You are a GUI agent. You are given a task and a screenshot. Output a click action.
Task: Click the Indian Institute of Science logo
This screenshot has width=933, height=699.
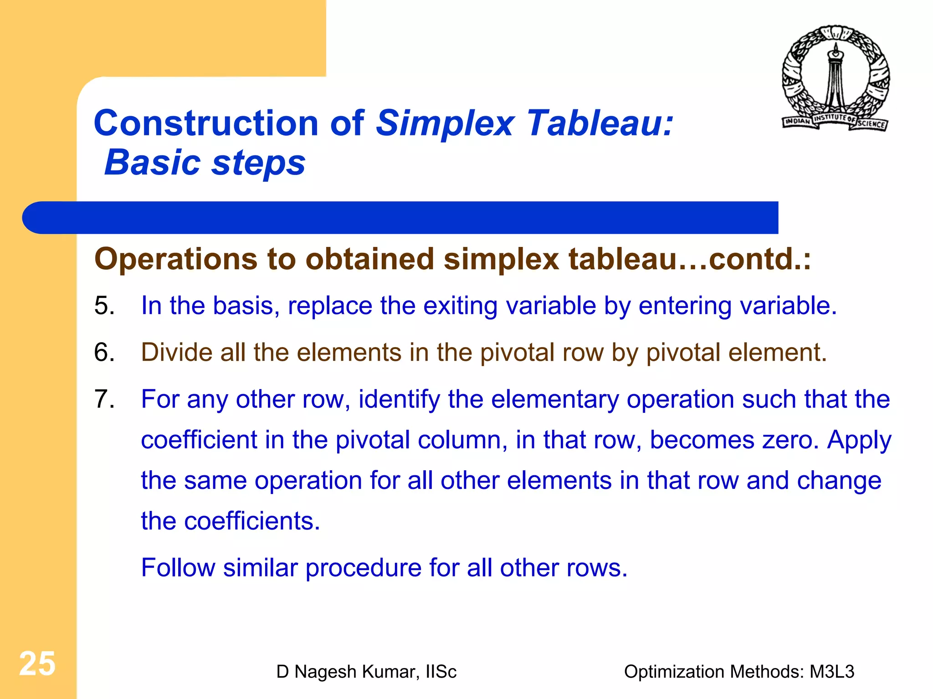click(836, 78)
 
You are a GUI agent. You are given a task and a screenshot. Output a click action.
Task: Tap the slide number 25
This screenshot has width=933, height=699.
click(37, 663)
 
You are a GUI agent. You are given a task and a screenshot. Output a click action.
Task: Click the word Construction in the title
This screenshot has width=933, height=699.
click(206, 123)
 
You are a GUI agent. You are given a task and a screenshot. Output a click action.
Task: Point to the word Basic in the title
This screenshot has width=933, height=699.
click(152, 163)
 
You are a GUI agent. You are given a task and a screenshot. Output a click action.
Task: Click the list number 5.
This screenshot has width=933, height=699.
click(104, 305)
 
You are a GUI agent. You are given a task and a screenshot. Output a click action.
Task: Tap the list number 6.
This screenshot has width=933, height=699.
click(104, 352)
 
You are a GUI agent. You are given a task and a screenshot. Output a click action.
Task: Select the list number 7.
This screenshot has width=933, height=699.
click(104, 399)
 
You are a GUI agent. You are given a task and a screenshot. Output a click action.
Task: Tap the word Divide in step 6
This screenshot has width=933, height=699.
click(177, 352)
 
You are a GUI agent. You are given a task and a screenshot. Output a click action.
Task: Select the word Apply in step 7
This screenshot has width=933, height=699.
click(859, 441)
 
